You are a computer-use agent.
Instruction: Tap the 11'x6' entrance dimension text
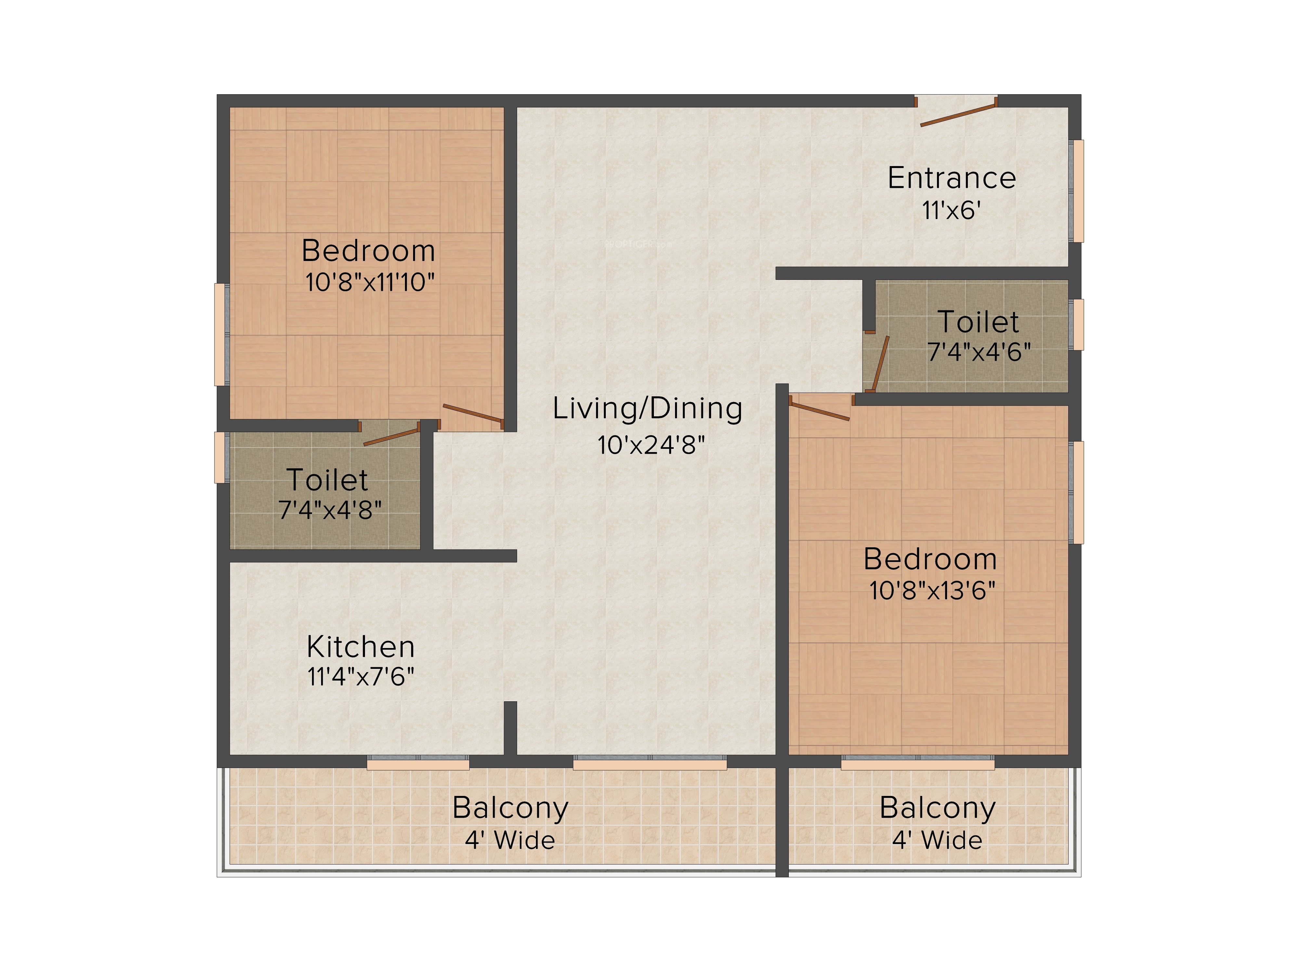952,210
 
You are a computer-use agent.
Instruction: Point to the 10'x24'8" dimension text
651,445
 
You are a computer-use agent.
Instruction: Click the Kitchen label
361,647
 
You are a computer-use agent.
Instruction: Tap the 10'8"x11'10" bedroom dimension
370,282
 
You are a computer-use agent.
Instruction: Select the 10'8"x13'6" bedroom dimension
932,591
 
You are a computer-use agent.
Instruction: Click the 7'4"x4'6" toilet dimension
979,352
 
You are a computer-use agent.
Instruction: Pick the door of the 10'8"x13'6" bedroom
819,409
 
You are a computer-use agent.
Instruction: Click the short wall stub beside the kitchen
510,728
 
